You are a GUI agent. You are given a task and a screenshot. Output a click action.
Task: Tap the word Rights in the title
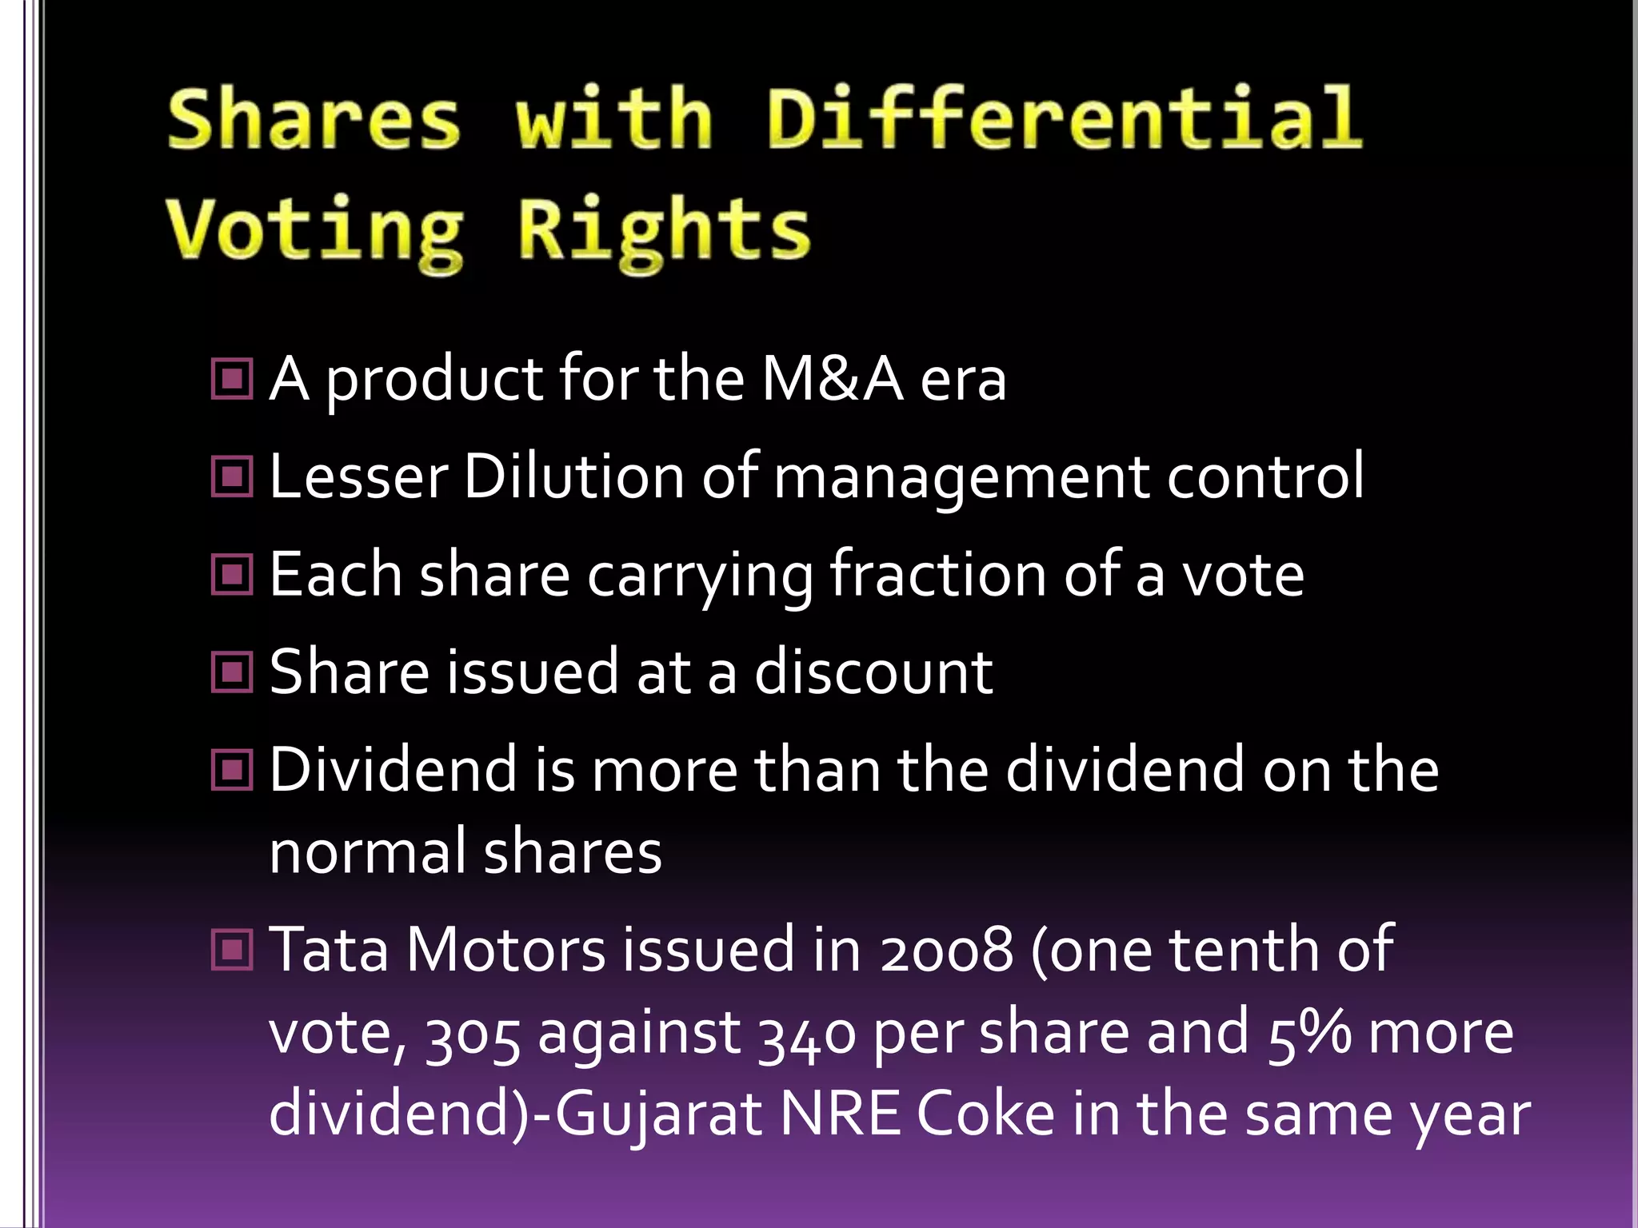(664, 232)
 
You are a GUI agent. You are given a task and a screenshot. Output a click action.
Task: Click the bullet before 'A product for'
(232, 379)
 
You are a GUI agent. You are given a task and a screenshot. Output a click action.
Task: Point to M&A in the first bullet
(832, 379)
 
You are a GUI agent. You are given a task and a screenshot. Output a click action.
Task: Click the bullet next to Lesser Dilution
(232, 477)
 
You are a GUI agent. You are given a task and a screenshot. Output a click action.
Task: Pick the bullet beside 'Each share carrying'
(232, 575)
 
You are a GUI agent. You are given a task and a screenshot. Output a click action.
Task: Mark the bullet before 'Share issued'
(232, 672)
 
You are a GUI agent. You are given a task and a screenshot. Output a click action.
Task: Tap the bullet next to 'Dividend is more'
(232, 771)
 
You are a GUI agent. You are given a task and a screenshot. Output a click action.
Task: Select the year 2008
(947, 951)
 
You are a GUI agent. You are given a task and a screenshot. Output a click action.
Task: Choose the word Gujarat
(657, 1116)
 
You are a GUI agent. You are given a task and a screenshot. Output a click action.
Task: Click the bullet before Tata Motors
(232, 951)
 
